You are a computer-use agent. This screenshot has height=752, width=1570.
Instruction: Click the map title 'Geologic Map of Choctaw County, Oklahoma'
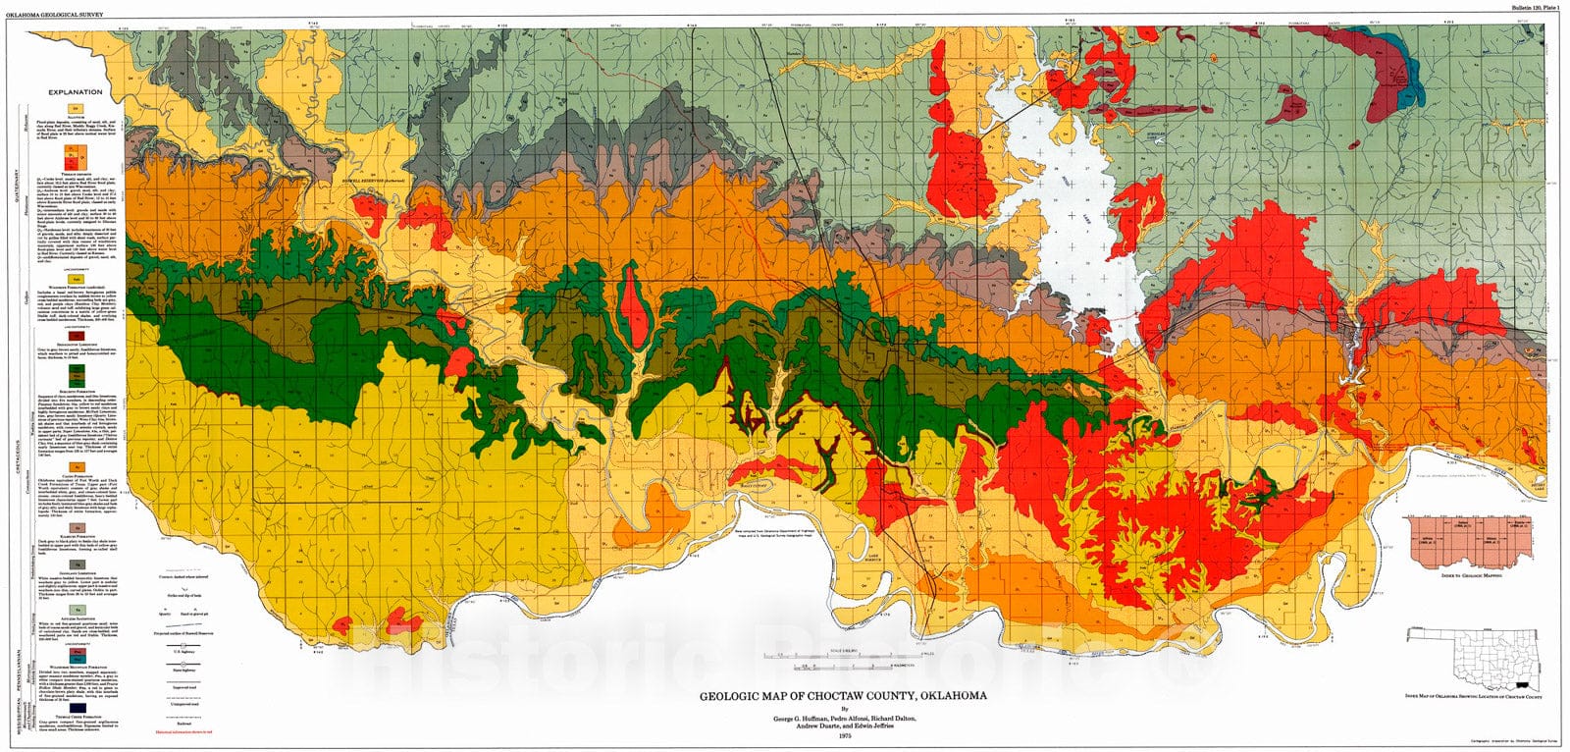point(843,696)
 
